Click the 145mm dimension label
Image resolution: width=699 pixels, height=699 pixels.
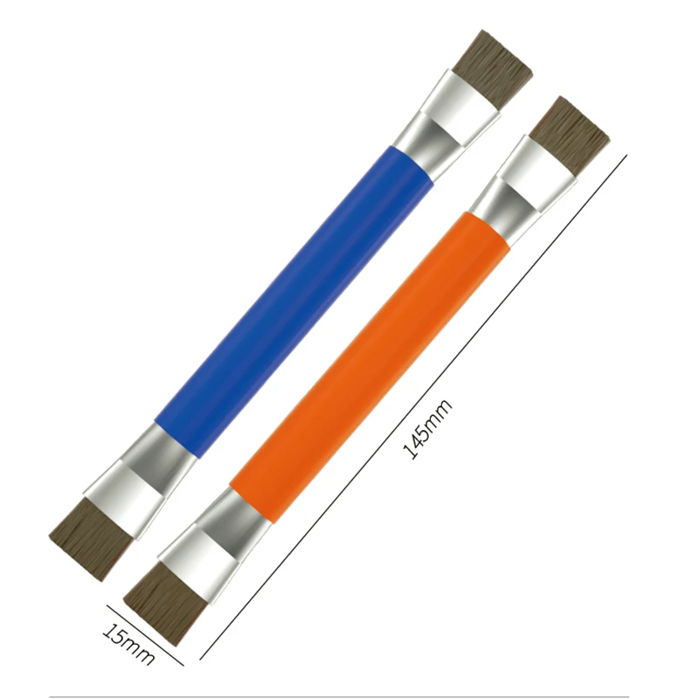point(427,428)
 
